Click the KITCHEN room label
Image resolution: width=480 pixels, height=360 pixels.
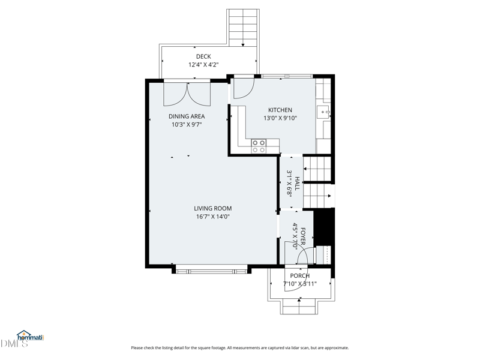point(280,110)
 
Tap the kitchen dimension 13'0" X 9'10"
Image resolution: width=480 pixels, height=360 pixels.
point(280,118)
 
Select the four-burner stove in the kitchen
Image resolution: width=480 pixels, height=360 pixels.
point(259,146)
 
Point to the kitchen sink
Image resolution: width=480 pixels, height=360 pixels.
point(325,112)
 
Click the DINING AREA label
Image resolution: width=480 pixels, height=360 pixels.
point(187,116)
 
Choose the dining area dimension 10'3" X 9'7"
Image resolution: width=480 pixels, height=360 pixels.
point(187,125)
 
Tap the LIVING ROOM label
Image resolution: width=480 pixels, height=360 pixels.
point(212,209)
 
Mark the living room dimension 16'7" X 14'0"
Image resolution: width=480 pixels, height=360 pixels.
point(212,217)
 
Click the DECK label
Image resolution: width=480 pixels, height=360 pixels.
point(203,56)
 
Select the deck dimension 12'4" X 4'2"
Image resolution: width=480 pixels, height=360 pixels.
point(203,65)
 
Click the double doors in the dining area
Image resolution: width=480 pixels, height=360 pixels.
point(187,94)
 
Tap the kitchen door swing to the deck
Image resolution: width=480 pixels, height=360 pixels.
point(243,89)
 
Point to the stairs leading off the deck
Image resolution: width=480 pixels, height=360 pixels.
point(243,28)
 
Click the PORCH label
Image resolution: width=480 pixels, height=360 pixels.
point(300,276)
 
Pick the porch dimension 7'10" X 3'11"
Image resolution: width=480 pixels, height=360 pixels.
point(300,284)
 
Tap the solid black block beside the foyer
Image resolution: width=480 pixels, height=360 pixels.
point(324,227)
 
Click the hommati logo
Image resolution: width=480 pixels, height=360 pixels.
point(30,337)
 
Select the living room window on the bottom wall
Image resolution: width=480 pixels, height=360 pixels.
point(211,269)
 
